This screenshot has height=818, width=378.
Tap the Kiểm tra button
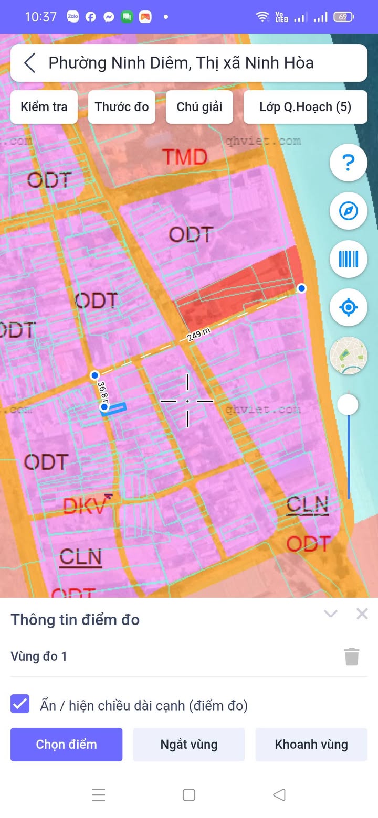[x=44, y=107]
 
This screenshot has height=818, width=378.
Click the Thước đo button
[x=122, y=107]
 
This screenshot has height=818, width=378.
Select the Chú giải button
[x=199, y=107]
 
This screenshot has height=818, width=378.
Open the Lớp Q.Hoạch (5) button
[x=305, y=107]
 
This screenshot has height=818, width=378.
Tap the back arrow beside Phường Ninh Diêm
[x=29, y=63]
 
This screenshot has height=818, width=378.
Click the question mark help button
[x=348, y=163]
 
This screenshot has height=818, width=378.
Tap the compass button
[x=348, y=211]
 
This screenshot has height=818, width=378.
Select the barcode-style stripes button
[x=348, y=259]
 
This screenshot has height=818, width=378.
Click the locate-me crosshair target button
[x=348, y=307]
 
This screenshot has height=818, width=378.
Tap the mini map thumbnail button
[x=348, y=356]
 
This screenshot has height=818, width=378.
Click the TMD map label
[x=184, y=156]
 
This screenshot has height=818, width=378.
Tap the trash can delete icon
[x=352, y=656]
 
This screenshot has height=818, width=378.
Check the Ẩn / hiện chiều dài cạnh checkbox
[x=20, y=704]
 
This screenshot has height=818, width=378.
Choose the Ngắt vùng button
[x=189, y=744]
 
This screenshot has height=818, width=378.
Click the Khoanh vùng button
[x=311, y=744]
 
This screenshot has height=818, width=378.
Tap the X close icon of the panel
[x=362, y=613]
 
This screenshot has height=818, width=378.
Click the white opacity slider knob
[x=348, y=405]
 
